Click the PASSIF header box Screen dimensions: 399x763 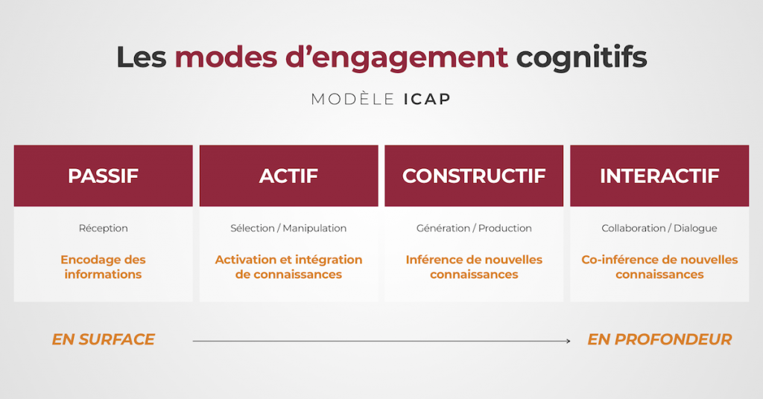pyautogui.click(x=103, y=176)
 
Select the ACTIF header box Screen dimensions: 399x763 pyautogui.click(x=288, y=176)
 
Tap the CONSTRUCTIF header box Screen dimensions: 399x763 pyautogui.click(x=474, y=176)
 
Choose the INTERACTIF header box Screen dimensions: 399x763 pyautogui.click(x=659, y=176)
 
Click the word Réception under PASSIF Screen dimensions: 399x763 pyautogui.click(x=103, y=229)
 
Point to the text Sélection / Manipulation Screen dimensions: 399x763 pyautogui.click(x=288, y=229)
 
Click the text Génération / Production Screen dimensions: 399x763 pyautogui.click(x=474, y=229)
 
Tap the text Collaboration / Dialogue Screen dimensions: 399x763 pyautogui.click(x=659, y=229)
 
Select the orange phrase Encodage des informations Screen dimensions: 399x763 pyautogui.click(x=103, y=267)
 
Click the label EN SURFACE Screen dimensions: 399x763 pyautogui.click(x=103, y=339)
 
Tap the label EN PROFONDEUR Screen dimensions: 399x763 pyautogui.click(x=659, y=339)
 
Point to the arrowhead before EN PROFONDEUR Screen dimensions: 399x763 pyautogui.click(x=567, y=341)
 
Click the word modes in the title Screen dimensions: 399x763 pyautogui.click(x=225, y=57)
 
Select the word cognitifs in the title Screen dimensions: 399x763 pyautogui.click(x=581, y=57)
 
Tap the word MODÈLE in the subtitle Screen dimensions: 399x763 pyautogui.click(x=352, y=99)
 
